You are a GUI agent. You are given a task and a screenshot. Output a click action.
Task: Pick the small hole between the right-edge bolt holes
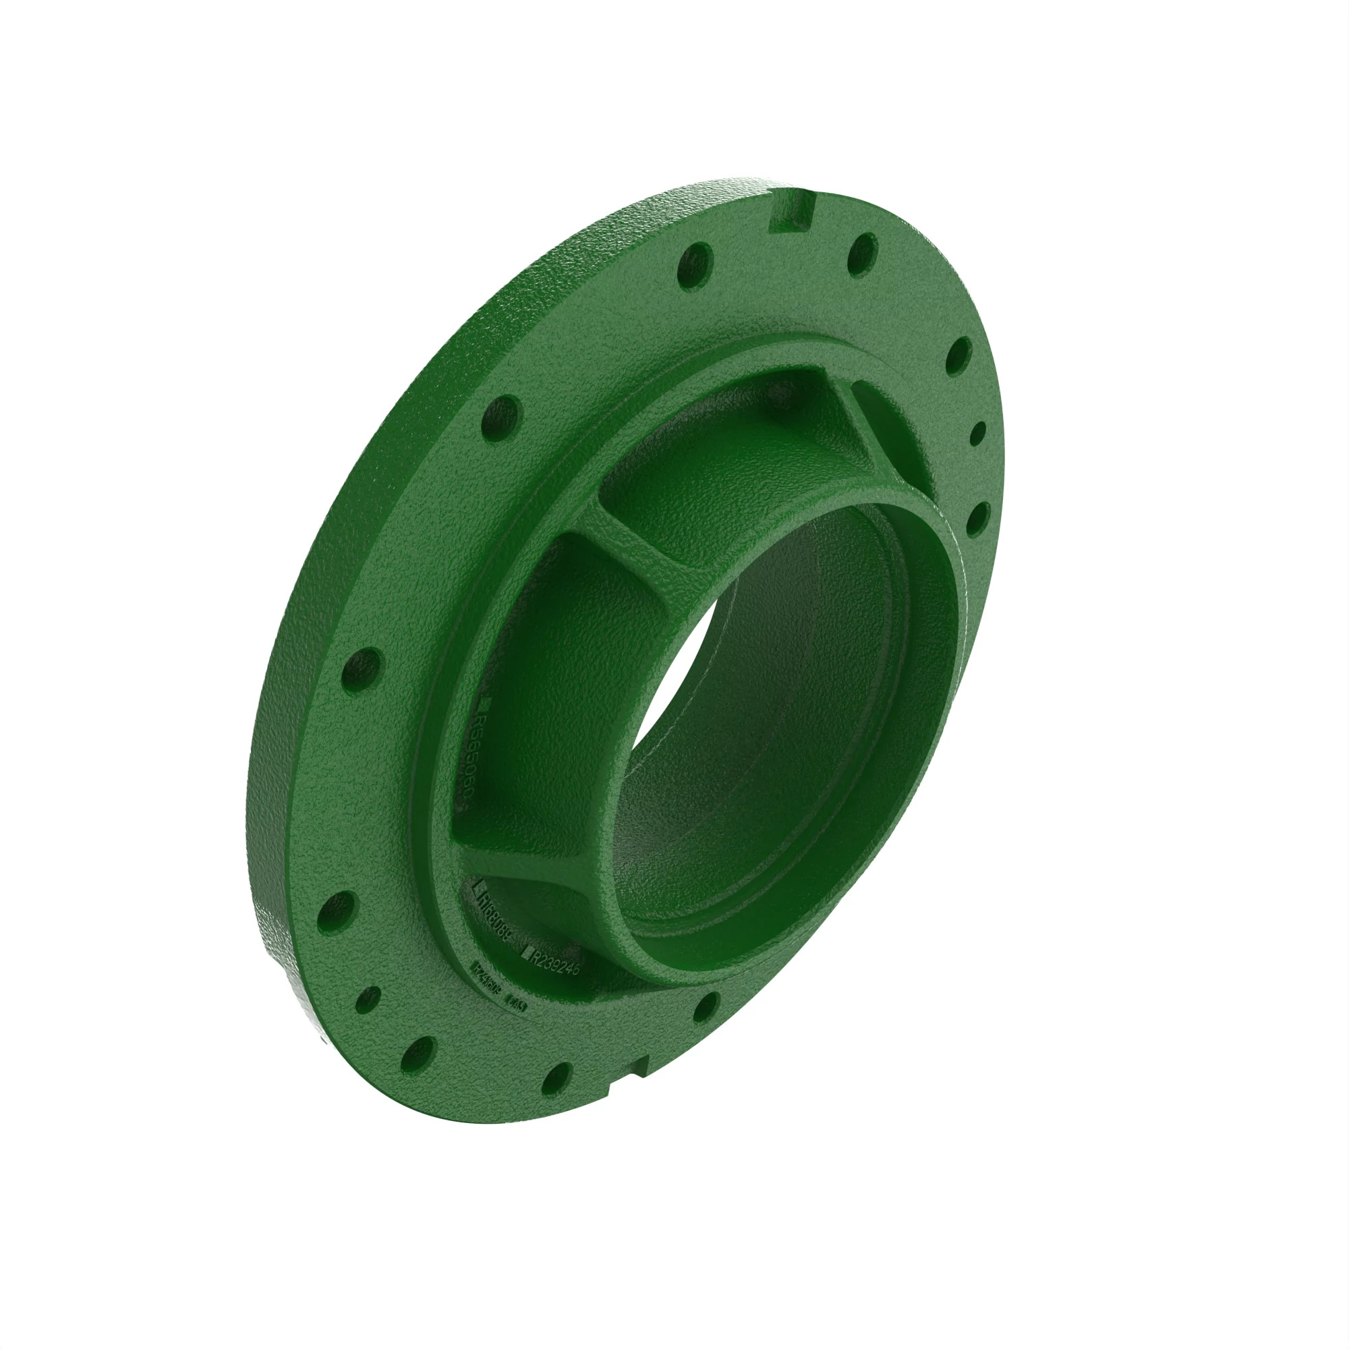(x=977, y=434)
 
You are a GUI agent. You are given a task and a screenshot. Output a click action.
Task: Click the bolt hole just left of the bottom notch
(x=556, y=1079)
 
